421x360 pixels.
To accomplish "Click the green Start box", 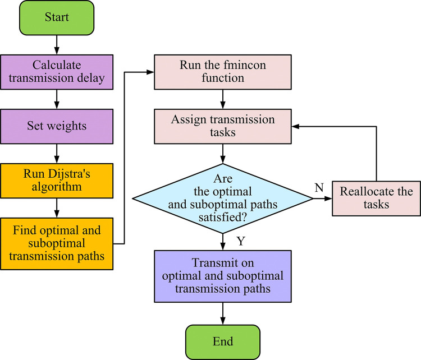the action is tap(57, 18).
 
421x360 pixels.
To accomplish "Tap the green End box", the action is tap(223, 342).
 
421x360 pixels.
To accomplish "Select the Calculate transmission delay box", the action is tap(57, 72).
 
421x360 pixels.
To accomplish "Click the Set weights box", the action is tap(57, 126).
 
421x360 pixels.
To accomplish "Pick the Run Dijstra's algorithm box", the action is tap(57, 181).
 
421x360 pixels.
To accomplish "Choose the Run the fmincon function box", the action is tap(223, 72).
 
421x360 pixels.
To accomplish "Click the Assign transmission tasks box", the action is tap(223, 126).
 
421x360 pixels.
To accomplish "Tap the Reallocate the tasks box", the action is tap(376, 199).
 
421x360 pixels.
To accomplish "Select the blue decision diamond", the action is tap(223, 199).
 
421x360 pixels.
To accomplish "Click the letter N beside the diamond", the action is tap(319, 187).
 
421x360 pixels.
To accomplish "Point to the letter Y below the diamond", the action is tap(241, 241).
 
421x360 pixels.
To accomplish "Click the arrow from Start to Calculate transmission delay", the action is tap(57, 45).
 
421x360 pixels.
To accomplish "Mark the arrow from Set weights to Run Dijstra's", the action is tap(57, 154).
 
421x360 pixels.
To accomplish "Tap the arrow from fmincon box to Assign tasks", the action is tap(223, 99).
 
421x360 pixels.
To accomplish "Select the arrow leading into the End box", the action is tap(223, 313).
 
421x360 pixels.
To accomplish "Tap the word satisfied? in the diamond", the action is tap(223, 217).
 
